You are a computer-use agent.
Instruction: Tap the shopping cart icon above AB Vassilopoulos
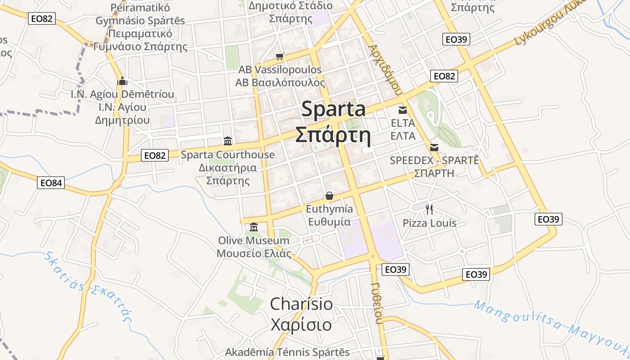[280, 57]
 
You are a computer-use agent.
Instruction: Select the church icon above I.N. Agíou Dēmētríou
[122, 81]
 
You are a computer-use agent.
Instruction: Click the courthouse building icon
[228, 141]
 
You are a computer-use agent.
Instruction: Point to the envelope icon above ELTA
[403, 110]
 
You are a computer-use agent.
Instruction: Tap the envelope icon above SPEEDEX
[434, 148]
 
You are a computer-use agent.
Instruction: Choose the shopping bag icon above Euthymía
[329, 196]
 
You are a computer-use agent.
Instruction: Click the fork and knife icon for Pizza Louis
[429, 209]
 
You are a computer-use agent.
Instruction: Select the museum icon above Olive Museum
[253, 227]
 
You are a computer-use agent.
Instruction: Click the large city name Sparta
[333, 109]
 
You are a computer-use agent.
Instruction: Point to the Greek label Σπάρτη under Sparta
[333, 135]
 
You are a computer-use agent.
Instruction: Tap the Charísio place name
[301, 304]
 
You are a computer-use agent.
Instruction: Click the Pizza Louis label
[429, 223]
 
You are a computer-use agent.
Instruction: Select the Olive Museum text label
[253, 241]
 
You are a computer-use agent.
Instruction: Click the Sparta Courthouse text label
[228, 155]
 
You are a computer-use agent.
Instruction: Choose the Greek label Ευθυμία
[329, 222]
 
